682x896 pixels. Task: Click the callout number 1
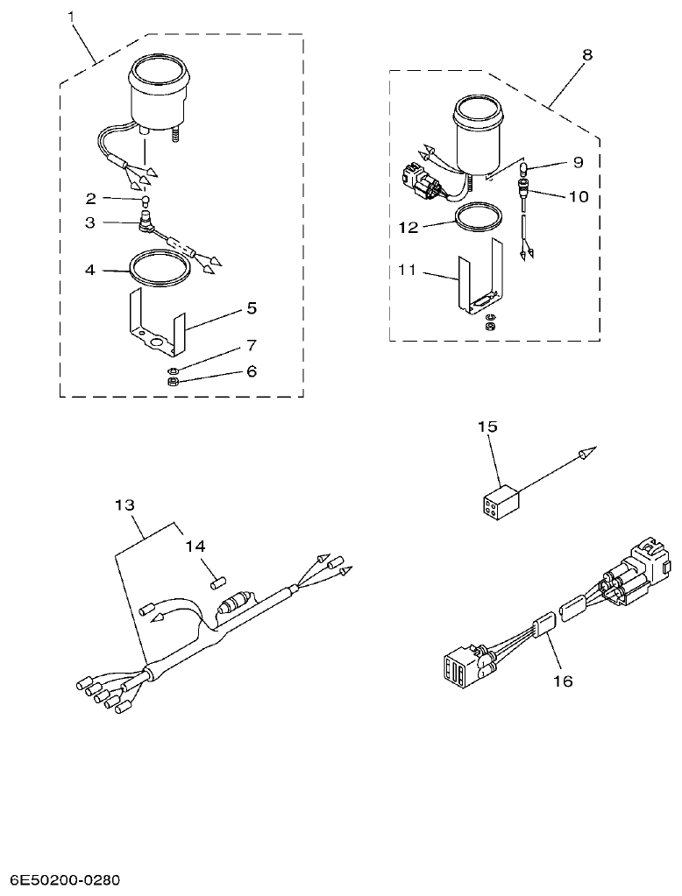[x=72, y=15]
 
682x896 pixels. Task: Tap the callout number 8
[x=586, y=54]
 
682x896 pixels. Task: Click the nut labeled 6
[x=174, y=382]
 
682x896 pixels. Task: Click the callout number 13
[x=125, y=504]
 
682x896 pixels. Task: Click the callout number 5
[x=251, y=308]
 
